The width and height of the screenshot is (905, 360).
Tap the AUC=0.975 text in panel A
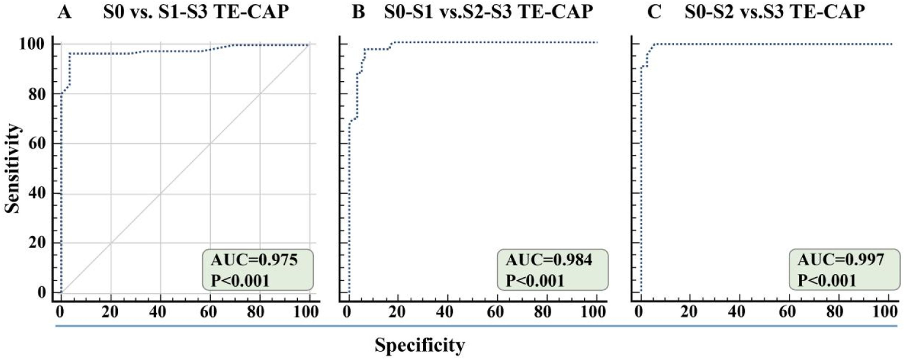(x=254, y=260)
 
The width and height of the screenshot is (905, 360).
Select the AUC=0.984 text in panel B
(x=549, y=260)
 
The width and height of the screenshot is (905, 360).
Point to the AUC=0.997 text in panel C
(x=841, y=260)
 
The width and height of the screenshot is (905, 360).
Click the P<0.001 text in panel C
(x=827, y=281)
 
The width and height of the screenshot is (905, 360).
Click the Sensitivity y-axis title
(x=13, y=168)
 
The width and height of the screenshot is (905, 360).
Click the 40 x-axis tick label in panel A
(x=158, y=312)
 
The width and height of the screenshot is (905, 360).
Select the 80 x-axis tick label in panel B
(x=542, y=312)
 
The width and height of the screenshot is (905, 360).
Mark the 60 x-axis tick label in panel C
(x=787, y=312)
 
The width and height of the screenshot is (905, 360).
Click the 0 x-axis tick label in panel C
(x=639, y=312)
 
